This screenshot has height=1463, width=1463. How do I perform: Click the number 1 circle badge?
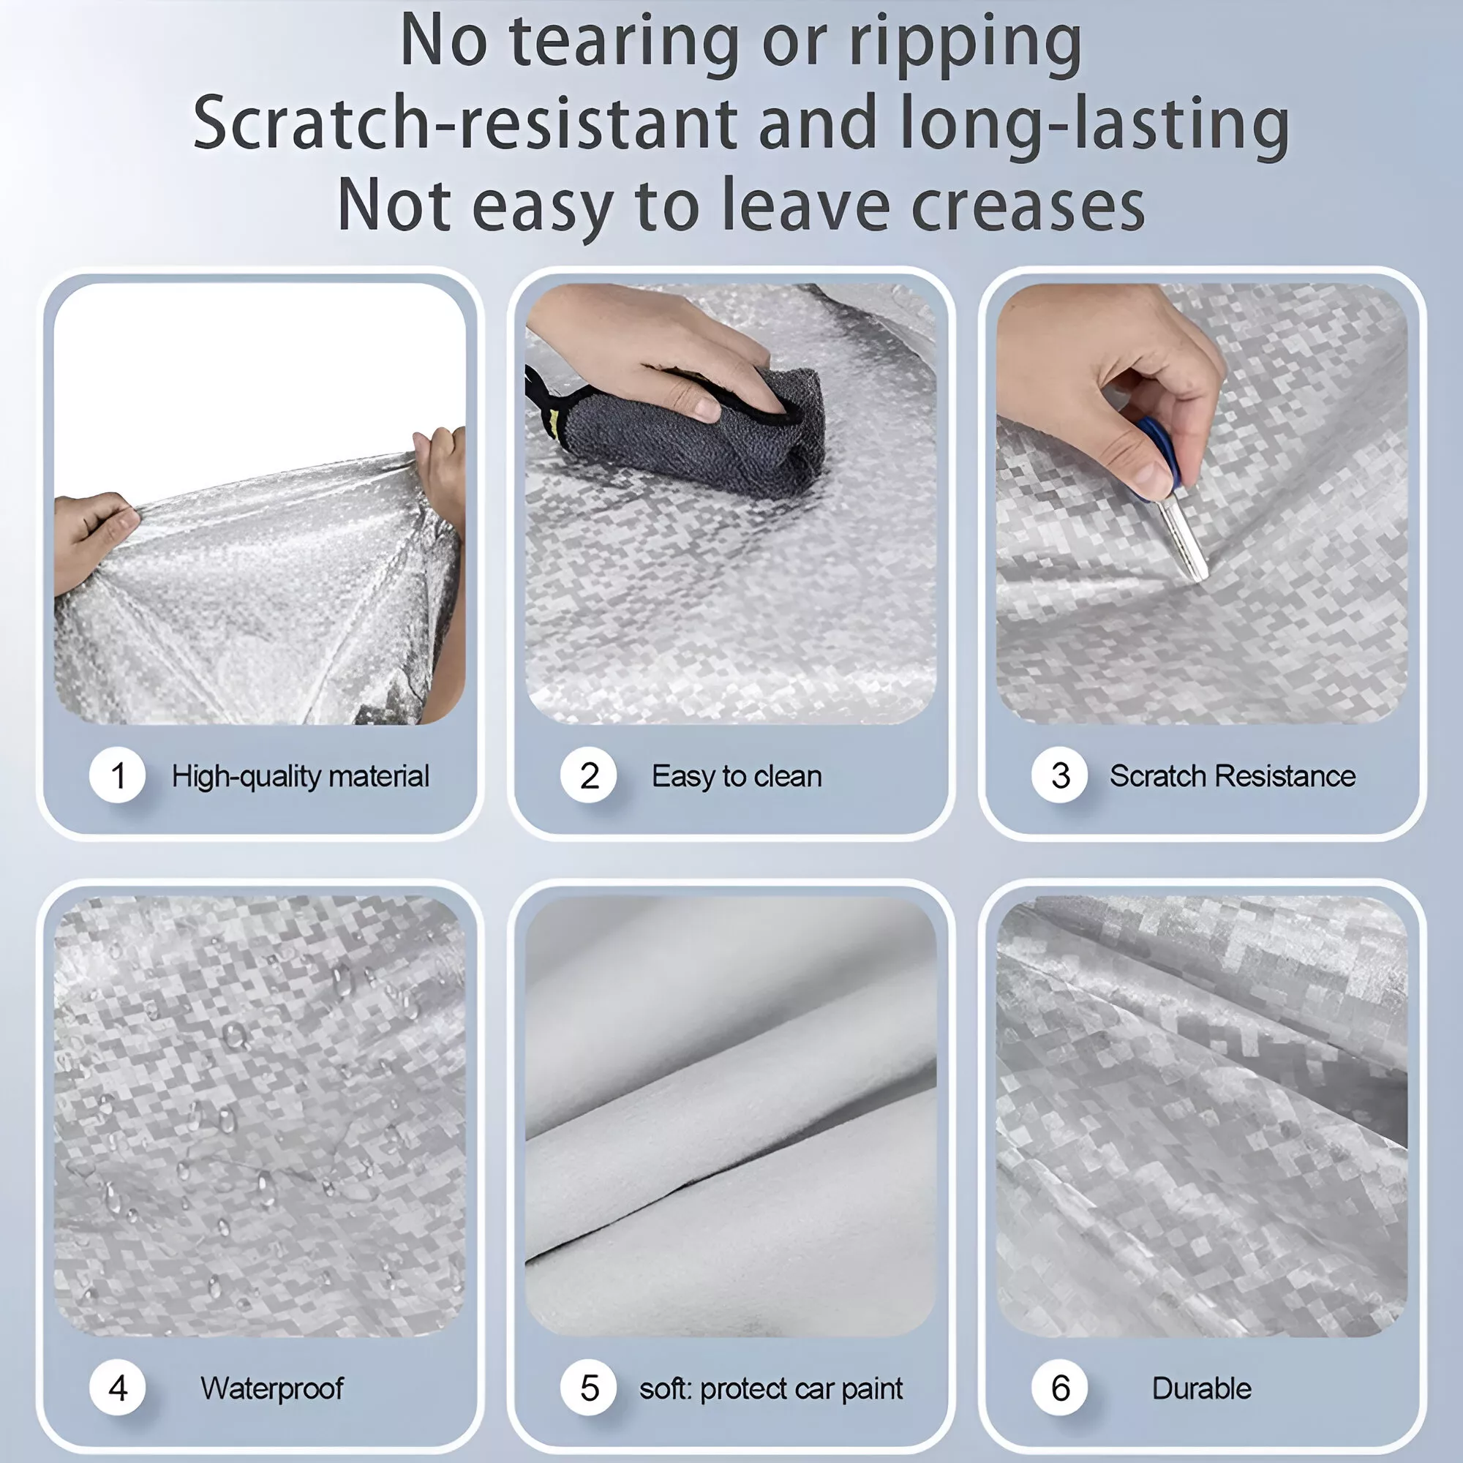point(117,775)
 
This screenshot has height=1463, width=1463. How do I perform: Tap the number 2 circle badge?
point(589,775)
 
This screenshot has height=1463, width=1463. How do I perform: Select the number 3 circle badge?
point(1060,775)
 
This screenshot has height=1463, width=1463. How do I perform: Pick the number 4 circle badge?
point(117,1388)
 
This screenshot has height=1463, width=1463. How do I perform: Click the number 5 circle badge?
point(589,1388)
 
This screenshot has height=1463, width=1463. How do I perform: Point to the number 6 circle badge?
point(1060,1388)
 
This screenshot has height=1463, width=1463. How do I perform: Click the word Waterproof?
point(272,1389)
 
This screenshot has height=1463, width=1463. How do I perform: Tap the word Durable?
point(1202,1388)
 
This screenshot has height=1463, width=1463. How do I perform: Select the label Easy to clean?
point(737,777)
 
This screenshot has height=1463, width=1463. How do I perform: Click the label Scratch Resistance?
point(1233,776)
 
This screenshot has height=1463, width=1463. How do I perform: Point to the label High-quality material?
point(301,777)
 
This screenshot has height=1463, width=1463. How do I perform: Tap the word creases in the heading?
point(1028,206)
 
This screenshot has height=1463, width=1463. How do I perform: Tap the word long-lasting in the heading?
point(1094,125)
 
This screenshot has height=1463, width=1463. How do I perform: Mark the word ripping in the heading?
point(966,46)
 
